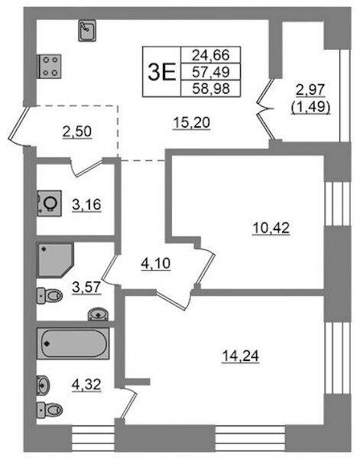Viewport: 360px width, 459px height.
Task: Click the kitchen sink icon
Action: [87, 31]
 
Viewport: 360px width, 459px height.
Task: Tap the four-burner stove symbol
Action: [49, 66]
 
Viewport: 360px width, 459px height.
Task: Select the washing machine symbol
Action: [49, 203]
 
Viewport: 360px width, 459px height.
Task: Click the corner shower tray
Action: [55, 260]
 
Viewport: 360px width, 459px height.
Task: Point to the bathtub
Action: [73, 343]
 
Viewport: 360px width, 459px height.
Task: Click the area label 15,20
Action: [192, 122]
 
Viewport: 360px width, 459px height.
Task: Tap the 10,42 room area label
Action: [271, 228]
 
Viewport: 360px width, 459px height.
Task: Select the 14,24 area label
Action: [241, 356]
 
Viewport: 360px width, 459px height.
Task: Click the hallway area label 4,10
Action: [156, 264]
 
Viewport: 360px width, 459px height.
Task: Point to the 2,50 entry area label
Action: [77, 132]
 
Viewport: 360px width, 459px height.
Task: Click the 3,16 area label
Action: [86, 204]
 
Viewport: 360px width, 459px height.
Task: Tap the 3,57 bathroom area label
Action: [86, 287]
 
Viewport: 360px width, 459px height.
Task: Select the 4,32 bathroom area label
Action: [86, 384]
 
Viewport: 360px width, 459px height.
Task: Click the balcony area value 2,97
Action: [310, 90]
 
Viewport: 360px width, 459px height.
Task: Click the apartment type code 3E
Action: [162, 72]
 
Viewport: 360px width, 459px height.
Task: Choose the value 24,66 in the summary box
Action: [210, 55]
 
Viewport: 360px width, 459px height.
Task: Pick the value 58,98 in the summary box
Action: [211, 89]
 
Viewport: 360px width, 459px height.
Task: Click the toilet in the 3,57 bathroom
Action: [50, 295]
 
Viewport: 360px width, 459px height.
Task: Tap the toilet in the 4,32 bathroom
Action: [50, 409]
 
